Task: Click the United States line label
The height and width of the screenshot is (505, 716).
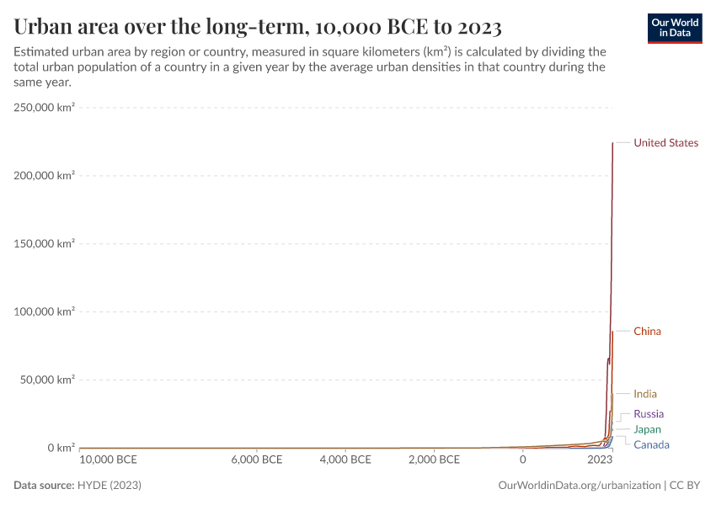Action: point(665,143)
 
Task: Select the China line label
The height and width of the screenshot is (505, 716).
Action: point(647,332)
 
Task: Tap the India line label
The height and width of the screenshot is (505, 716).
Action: point(645,394)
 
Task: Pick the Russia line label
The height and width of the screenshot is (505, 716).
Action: point(649,414)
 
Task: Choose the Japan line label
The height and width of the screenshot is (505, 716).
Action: point(647,430)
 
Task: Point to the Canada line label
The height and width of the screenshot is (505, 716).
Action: point(651,445)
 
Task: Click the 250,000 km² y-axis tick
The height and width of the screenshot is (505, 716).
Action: point(44,107)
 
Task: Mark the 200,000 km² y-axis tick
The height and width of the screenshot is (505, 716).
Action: point(44,175)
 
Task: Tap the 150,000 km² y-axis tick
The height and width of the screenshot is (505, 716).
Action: point(44,243)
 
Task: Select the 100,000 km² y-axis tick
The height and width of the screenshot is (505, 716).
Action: point(44,311)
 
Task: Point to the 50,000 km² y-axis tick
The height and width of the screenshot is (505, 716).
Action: point(47,380)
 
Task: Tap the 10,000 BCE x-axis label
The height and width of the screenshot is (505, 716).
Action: point(108,460)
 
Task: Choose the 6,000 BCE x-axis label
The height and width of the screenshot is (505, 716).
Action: point(256,460)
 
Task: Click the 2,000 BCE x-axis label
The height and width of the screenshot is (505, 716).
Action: point(433,460)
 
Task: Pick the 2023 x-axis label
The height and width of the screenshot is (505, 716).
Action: point(600,460)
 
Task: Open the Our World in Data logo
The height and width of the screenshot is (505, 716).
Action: point(674,28)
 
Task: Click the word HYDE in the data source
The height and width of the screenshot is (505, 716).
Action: point(94,486)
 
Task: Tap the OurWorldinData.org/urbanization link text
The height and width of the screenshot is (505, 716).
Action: point(580,486)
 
